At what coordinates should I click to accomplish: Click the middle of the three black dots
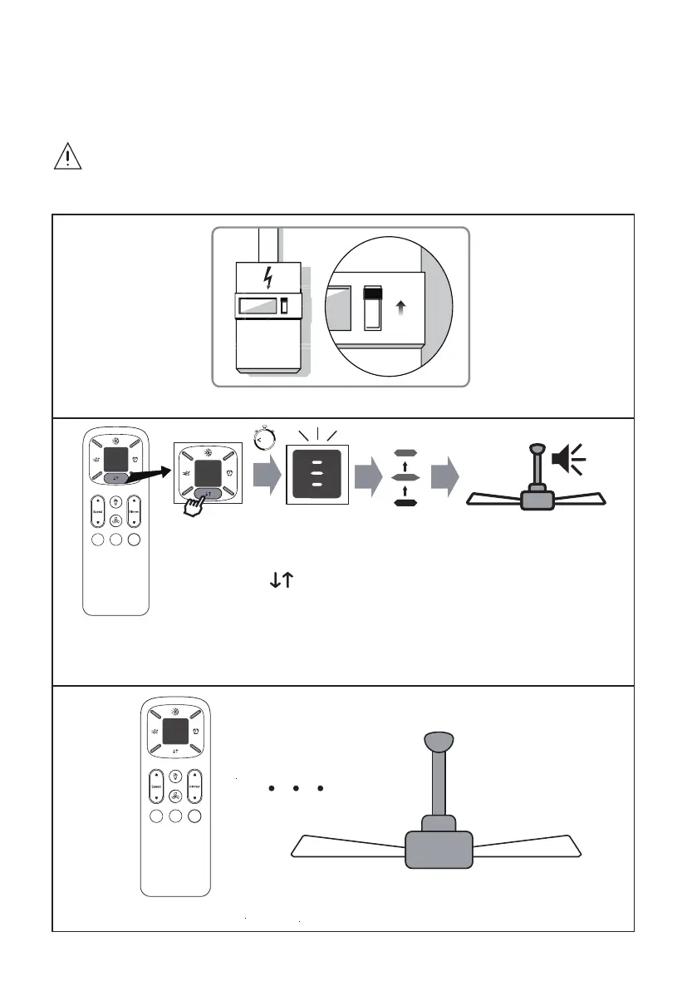296,787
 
